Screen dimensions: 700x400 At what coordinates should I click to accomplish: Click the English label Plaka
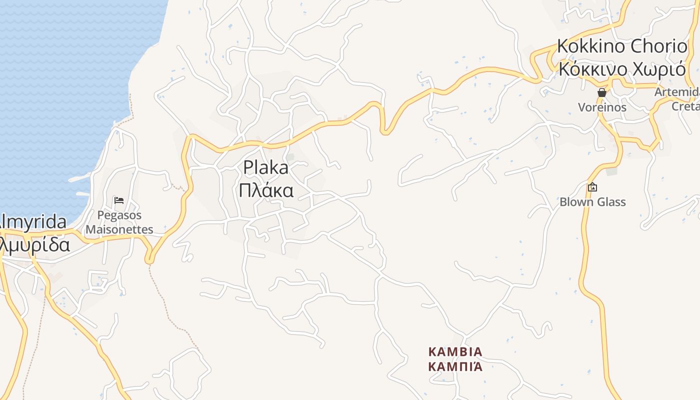coord(265,168)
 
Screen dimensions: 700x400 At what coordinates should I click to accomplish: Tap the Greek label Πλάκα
coord(265,190)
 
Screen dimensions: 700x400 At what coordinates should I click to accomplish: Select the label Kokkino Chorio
coord(622,46)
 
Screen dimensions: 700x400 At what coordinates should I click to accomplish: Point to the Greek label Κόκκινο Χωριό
coord(622,69)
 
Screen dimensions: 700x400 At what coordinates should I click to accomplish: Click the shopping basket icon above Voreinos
coord(601,92)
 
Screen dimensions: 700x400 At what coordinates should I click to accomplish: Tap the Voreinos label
coord(602,107)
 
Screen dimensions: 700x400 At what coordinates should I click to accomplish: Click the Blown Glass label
coord(592,202)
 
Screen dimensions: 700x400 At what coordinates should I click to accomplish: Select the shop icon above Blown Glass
coord(592,187)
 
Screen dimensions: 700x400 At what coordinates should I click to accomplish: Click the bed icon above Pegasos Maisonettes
coord(119,200)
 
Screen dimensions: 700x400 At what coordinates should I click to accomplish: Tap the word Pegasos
coord(119,215)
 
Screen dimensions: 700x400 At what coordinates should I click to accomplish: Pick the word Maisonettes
coord(119,229)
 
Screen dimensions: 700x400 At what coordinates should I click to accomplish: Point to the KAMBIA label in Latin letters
coord(455,351)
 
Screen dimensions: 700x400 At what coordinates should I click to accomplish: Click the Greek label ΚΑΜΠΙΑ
coord(455,366)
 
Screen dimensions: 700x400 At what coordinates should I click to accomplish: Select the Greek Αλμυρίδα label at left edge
coord(35,245)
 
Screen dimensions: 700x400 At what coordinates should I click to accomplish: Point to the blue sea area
coord(60,100)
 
